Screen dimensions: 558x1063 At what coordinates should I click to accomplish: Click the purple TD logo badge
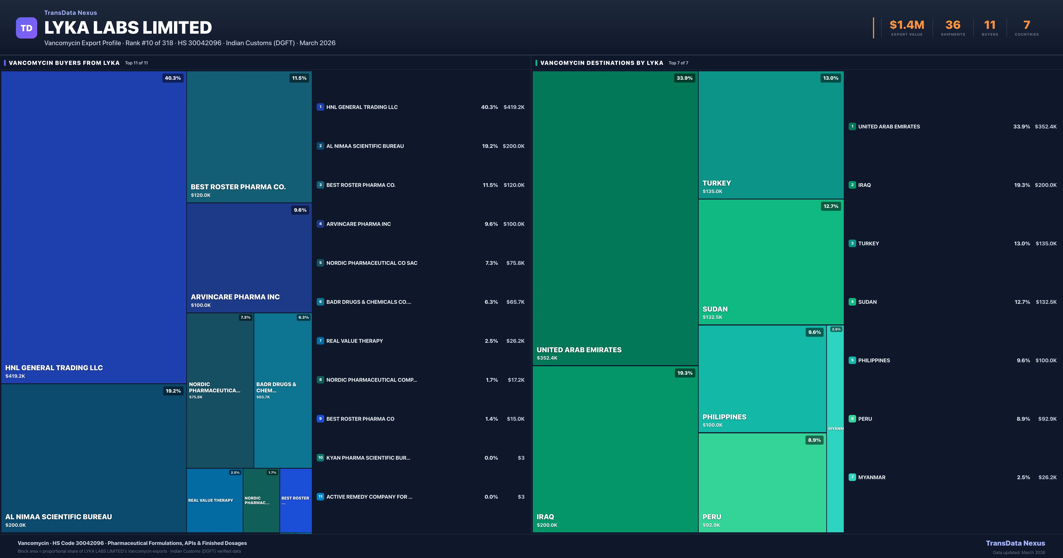(x=26, y=28)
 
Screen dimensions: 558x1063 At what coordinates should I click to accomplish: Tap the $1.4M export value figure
(x=907, y=25)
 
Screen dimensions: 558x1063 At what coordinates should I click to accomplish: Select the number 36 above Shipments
(x=953, y=25)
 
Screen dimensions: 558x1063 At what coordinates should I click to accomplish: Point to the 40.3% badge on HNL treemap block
(x=173, y=78)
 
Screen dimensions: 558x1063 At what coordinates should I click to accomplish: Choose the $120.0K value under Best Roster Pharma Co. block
(x=201, y=195)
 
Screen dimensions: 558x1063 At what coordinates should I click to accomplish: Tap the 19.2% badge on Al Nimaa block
(x=173, y=391)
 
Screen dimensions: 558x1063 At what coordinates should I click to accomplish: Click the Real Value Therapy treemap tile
(x=214, y=500)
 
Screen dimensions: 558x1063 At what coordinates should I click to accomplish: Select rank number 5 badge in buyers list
(x=320, y=263)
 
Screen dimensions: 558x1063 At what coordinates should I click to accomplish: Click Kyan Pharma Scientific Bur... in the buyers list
(x=368, y=458)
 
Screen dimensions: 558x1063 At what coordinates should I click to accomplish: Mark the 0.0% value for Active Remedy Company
(x=491, y=497)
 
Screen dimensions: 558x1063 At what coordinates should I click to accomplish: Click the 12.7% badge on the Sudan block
(x=831, y=206)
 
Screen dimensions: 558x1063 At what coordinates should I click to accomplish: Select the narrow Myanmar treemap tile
(x=835, y=429)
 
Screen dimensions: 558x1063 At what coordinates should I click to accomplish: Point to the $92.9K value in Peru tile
(x=711, y=525)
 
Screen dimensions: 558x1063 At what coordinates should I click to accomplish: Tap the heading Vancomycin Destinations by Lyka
(x=601, y=63)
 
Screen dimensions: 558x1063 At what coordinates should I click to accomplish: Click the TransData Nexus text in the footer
(x=1015, y=543)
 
